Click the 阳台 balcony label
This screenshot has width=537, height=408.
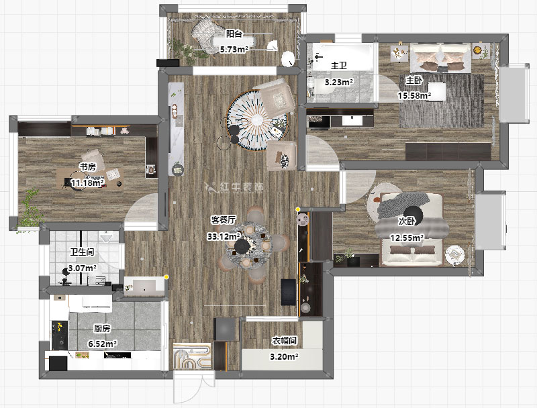(234, 34)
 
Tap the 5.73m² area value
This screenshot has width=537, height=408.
(234, 49)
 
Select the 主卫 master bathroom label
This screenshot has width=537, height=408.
(339, 65)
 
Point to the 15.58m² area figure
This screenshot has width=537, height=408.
(414, 95)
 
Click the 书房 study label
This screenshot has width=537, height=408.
(87, 167)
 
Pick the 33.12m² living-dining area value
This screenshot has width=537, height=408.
(224, 236)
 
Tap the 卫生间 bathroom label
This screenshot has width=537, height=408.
(82, 252)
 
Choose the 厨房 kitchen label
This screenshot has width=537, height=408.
(103, 329)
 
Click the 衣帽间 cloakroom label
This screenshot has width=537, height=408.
(284, 341)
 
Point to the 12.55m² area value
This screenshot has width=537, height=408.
(407, 237)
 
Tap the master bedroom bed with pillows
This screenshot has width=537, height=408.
(440, 58)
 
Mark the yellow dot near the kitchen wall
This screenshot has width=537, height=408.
(166, 276)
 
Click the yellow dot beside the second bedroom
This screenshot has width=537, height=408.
(298, 209)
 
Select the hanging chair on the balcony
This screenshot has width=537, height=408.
(205, 34)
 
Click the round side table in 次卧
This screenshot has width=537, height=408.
(455, 255)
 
